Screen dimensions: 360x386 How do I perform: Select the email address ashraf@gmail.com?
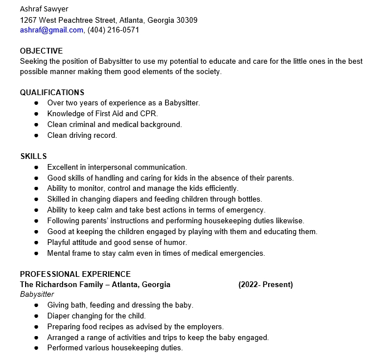51,30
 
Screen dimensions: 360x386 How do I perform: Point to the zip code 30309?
186,20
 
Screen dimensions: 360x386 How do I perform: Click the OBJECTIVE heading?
41,51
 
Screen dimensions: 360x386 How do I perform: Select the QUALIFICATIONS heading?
52,92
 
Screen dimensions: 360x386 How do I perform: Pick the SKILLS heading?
33,156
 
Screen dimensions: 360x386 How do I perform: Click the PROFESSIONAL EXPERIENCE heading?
75,274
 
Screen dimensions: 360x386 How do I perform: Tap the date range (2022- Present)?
265,284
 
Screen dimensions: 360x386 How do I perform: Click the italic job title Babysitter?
37,294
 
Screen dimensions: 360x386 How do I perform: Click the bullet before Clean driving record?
36,136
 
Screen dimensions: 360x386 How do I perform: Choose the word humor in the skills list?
174,242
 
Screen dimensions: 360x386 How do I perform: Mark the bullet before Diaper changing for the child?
36,316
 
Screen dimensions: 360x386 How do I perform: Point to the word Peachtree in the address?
83,20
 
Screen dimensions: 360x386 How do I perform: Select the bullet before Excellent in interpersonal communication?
36,167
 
